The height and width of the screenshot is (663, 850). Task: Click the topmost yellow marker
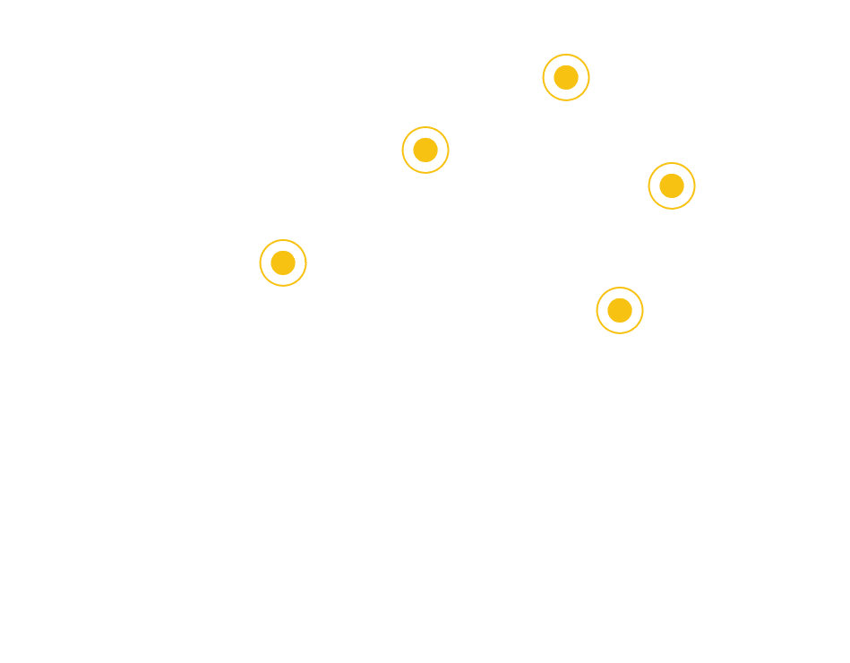(566, 78)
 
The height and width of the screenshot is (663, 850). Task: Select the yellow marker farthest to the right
(672, 185)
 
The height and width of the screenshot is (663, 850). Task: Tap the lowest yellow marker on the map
(620, 310)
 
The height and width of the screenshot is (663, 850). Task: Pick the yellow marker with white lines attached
(283, 263)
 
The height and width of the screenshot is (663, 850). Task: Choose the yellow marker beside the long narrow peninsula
(425, 150)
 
